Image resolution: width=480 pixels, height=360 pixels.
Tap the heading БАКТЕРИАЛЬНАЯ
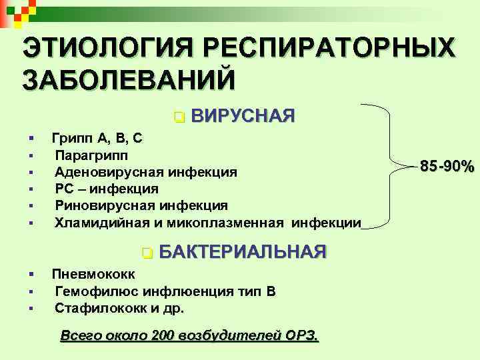[x=243, y=252]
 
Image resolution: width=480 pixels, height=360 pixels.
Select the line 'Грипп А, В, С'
[x=97, y=138]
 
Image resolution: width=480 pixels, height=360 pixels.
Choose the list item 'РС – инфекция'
[x=107, y=189]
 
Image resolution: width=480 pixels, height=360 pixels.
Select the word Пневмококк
[x=93, y=274]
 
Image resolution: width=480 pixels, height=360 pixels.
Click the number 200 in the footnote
[x=163, y=335]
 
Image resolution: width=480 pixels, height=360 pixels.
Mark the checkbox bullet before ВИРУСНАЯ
[x=178, y=117]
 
